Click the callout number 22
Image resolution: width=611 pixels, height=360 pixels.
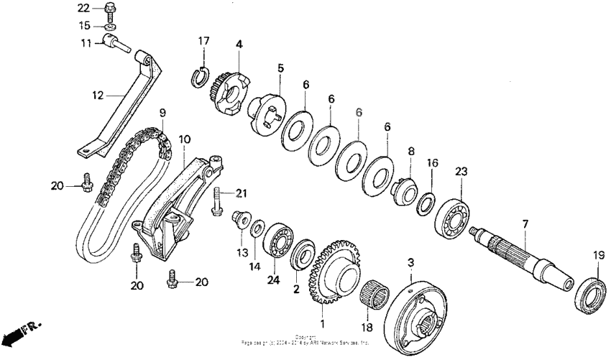pyautogui.click(x=83, y=8)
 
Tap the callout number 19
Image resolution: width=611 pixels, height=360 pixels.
pyautogui.click(x=598, y=255)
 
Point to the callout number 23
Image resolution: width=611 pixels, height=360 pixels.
pyautogui.click(x=461, y=172)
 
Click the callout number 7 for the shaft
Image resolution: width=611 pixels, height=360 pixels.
pyautogui.click(x=525, y=225)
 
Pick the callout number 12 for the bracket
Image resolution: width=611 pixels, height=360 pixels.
pyautogui.click(x=98, y=94)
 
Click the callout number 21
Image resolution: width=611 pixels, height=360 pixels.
pyautogui.click(x=242, y=193)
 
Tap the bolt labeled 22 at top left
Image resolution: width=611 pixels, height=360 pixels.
pyautogui.click(x=109, y=9)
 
